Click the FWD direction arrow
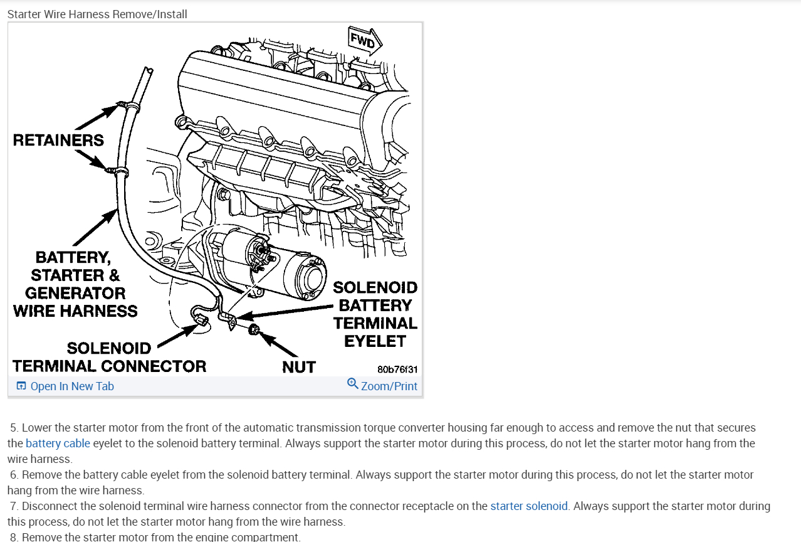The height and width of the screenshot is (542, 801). (365, 41)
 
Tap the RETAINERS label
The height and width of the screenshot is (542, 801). (58, 140)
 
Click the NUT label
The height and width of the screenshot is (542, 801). (298, 367)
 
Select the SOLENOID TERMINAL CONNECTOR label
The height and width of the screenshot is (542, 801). (109, 358)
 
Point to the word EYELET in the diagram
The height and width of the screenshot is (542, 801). (375, 341)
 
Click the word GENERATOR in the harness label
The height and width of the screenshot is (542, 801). (75, 293)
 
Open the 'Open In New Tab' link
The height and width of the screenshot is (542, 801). (72, 386)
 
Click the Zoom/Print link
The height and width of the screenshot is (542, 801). (389, 386)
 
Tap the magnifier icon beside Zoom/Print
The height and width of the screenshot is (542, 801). (353, 384)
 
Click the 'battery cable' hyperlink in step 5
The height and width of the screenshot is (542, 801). (58, 444)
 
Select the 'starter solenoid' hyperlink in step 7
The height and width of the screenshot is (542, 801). (529, 506)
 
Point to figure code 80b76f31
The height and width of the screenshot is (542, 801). (397, 369)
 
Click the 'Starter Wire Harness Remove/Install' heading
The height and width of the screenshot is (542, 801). (97, 14)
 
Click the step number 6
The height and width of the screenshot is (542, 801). (14, 475)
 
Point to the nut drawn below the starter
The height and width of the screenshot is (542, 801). (254, 331)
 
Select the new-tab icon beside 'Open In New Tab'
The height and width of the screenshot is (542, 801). (21, 386)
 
